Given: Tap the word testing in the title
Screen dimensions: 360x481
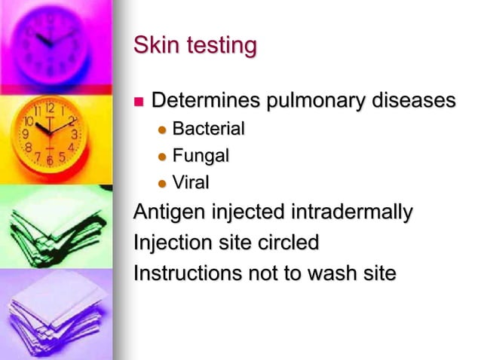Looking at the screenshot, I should [219, 47].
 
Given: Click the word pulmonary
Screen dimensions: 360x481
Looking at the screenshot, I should [318, 102].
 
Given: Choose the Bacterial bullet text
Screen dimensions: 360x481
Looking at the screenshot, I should [209, 130].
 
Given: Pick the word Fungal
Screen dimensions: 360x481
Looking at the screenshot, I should [201, 157].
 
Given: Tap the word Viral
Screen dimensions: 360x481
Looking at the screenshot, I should [191, 183].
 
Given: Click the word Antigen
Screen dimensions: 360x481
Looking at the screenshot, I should [164, 215].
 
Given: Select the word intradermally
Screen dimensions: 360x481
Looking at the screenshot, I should [351, 214].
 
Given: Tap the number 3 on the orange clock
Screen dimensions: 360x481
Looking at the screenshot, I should [73, 135].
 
